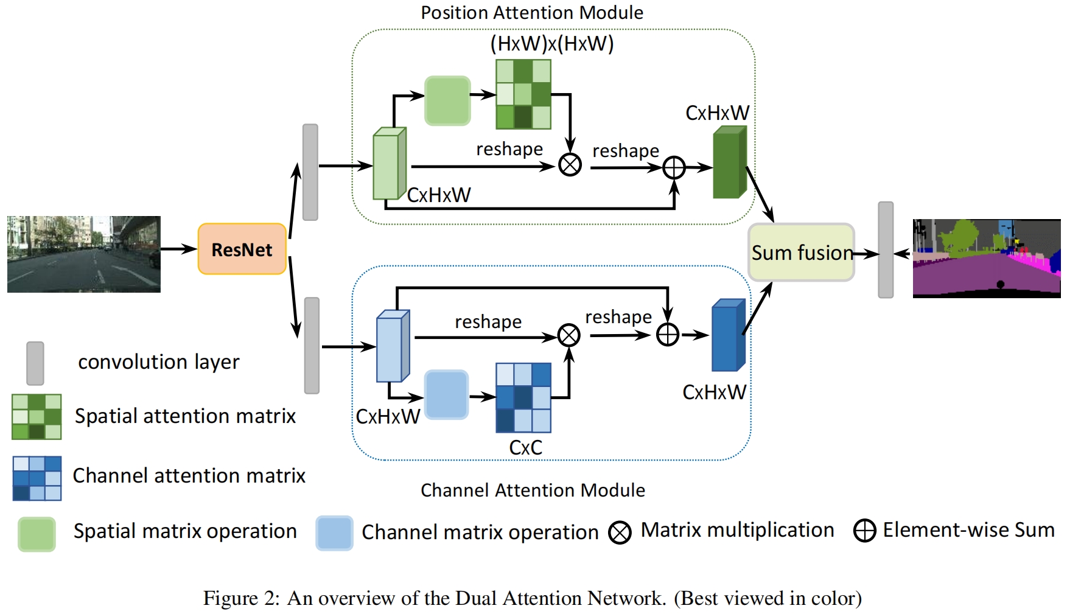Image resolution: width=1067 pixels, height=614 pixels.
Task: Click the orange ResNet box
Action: pos(242,249)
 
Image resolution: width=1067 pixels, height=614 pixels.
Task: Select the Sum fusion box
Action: pos(801,253)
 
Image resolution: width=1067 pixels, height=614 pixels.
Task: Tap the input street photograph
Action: pos(84,254)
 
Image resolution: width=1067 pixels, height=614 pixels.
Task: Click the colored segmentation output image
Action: pos(986,259)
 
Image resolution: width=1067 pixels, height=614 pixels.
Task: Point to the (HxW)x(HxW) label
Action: pos(551,44)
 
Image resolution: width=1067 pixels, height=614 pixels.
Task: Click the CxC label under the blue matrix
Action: pos(525,448)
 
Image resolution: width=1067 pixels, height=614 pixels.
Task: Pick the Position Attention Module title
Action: pos(532,13)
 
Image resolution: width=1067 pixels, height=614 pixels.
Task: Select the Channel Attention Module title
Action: pos(533,490)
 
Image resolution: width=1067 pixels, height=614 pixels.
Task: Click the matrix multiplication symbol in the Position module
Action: pos(570,165)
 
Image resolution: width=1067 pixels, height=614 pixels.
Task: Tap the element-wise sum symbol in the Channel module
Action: pos(668,335)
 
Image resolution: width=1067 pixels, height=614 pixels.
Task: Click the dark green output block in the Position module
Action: pos(729,162)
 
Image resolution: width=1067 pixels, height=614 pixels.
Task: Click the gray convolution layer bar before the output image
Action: pos(886,250)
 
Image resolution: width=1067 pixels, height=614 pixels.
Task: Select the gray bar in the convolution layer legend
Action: pos(35,363)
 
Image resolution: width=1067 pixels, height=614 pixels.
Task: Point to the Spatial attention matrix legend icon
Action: pos(37,417)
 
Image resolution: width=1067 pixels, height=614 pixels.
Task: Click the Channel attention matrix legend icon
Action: pos(37,478)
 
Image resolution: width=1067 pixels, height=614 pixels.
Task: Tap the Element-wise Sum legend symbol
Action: pos(864,531)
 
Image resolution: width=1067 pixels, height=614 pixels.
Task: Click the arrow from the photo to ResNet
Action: pos(178,249)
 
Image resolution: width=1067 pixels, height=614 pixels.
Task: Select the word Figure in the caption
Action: pos(230,599)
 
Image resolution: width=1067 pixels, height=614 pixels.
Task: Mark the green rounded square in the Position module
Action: pos(447,100)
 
